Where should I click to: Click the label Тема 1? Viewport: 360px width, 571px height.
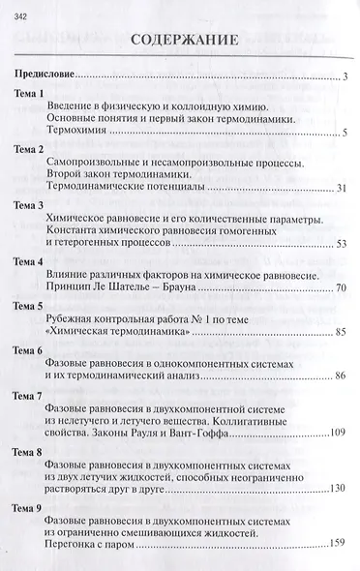click(25, 93)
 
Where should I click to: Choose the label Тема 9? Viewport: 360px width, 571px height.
click(25, 507)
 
